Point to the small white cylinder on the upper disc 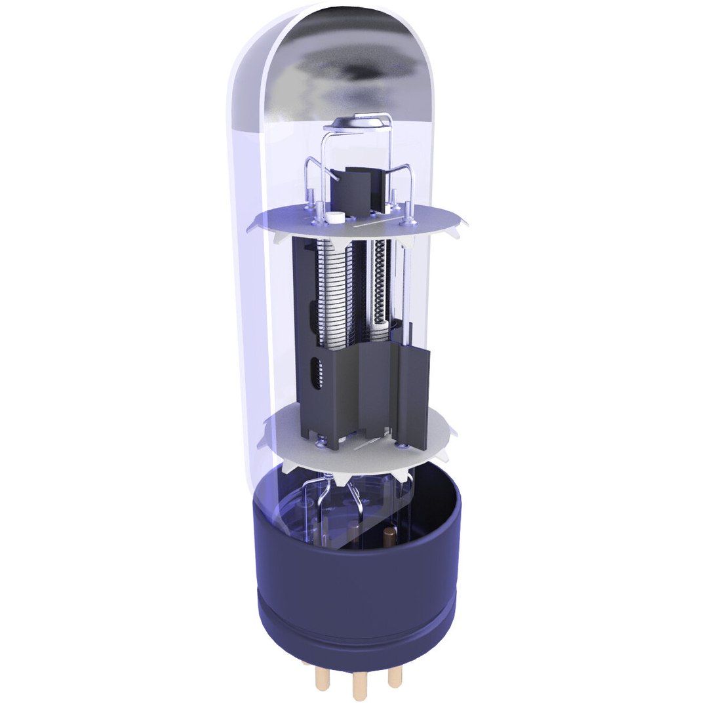[x=335, y=218]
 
